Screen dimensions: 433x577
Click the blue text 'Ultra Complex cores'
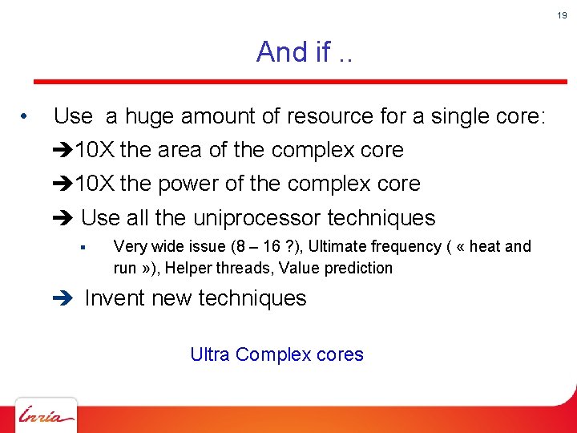[x=276, y=354]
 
